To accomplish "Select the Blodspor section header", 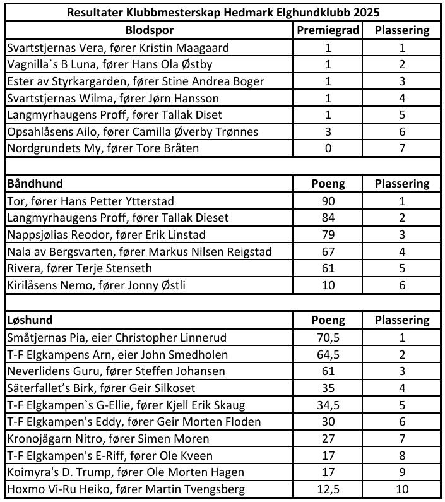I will coord(150,30).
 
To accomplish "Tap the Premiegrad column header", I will coord(328,30).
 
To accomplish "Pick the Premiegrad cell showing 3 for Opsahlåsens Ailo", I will coord(328,132).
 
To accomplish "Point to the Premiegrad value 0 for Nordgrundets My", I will coord(328,148).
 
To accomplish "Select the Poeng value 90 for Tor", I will coord(328,201).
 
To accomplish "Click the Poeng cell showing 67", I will coord(328,252).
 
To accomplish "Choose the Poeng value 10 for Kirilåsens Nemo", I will coord(328,285).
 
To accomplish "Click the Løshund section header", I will coord(30,320).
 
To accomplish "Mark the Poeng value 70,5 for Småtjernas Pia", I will coord(328,337).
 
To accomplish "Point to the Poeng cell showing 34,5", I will coord(328,405).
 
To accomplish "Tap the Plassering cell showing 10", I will coord(402,489).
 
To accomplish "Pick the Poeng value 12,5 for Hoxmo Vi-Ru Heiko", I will coord(328,489).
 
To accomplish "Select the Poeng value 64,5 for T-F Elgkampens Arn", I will coord(328,354).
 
